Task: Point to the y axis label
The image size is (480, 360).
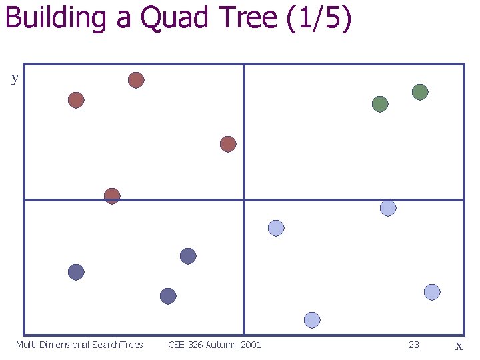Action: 15,78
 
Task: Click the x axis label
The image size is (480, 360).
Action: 459,345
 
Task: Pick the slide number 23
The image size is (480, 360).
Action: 414,345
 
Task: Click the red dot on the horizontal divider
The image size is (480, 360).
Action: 112,196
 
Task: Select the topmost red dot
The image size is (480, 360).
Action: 136,80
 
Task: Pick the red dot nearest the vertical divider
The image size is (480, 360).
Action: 228,144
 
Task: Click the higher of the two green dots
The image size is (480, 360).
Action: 420,92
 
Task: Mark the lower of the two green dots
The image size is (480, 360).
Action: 380,104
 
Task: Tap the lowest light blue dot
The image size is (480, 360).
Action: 312,320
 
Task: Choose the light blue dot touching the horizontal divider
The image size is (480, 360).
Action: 388,208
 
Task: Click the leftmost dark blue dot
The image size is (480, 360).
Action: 76,272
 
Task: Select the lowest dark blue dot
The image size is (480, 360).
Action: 168,296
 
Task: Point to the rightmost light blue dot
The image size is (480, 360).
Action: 432,292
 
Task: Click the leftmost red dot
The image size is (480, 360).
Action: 76,100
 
